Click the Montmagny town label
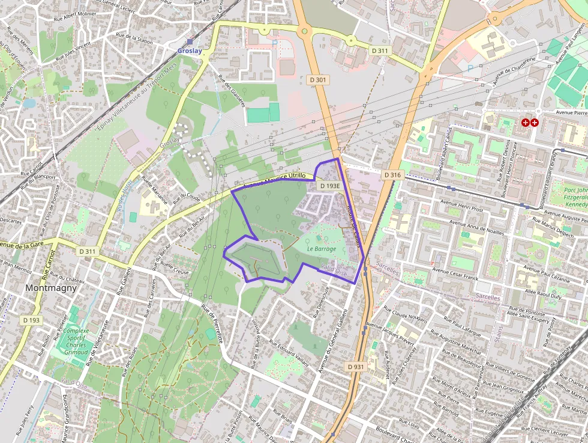(x=50, y=288)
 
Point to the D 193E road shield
(x=329, y=186)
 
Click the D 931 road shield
(x=355, y=366)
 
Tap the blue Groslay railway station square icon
(x=190, y=42)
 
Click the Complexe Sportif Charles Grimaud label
(x=76, y=341)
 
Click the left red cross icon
(x=526, y=123)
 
